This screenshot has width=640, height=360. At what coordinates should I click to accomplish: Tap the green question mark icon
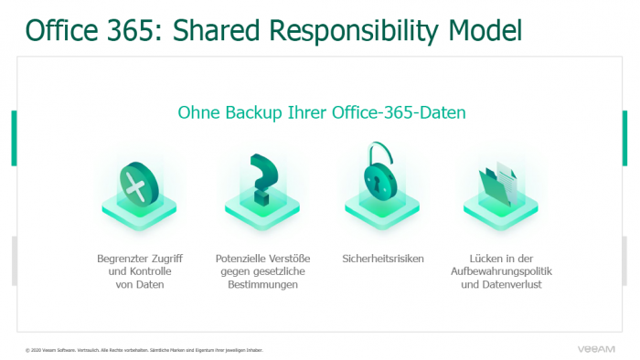pyautogui.click(x=262, y=178)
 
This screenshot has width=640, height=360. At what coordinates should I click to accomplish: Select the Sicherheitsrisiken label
pyautogui.click(x=383, y=259)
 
